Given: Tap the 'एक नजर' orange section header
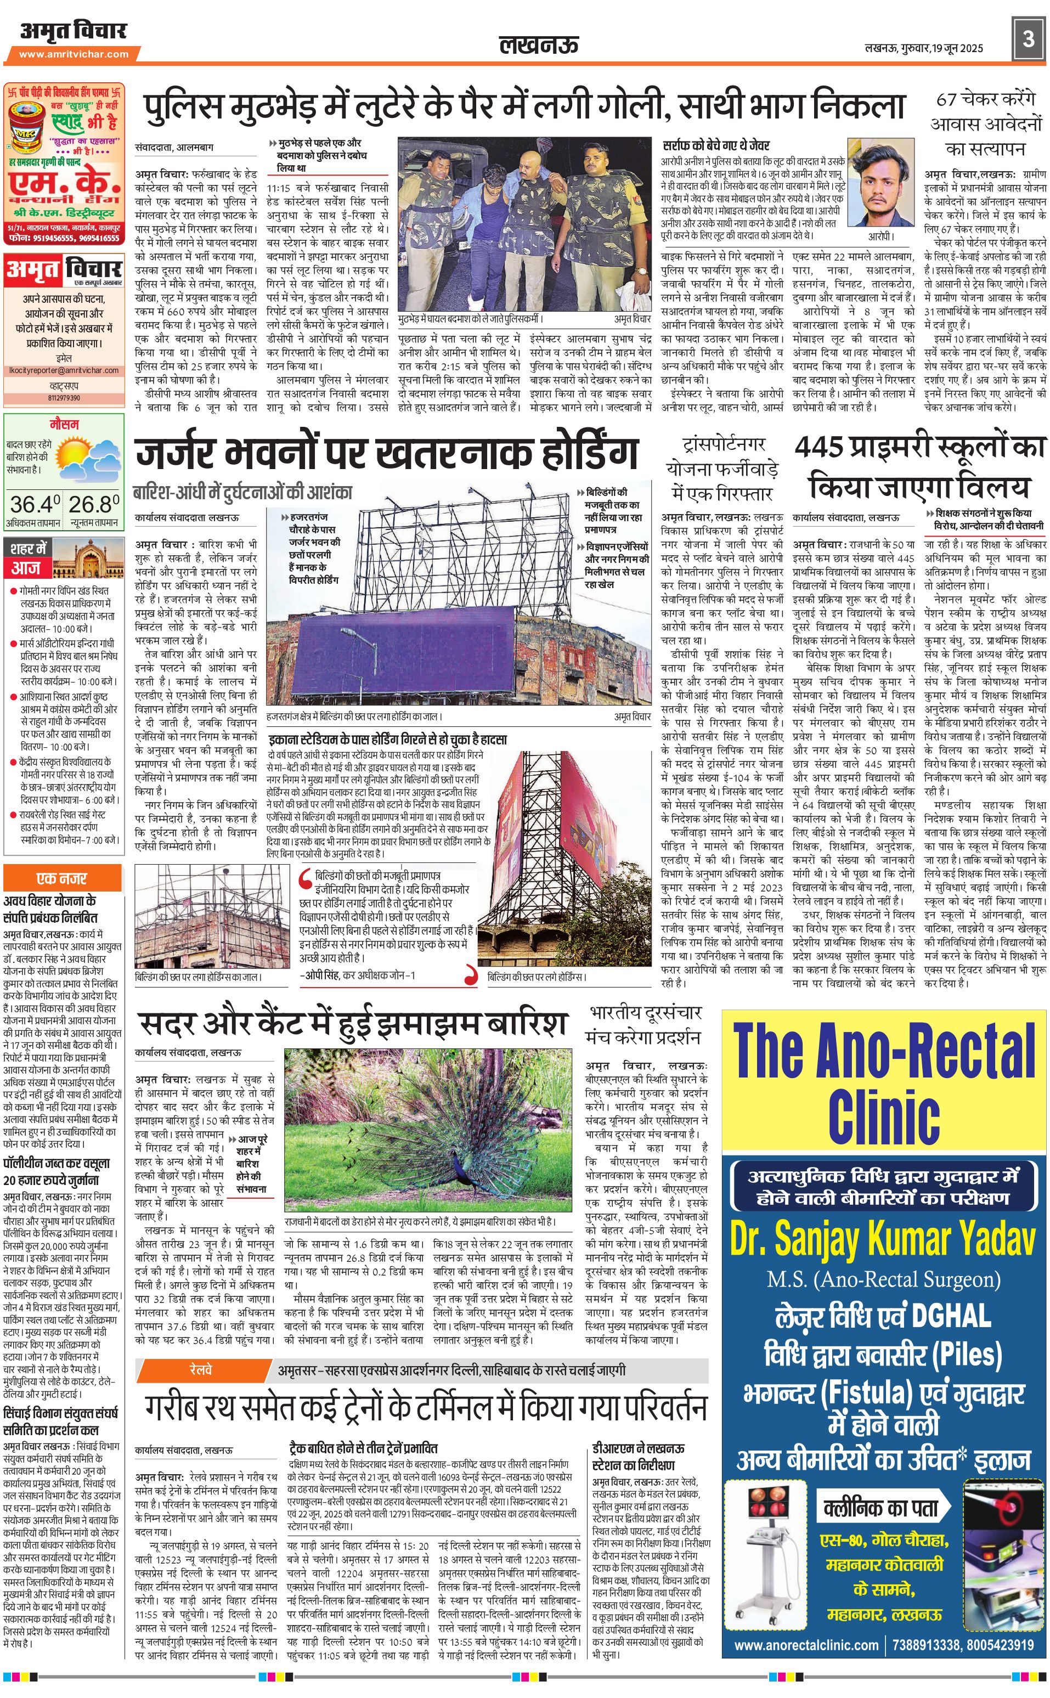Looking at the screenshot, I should coord(63,878).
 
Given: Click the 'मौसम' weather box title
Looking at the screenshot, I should coord(64,424).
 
